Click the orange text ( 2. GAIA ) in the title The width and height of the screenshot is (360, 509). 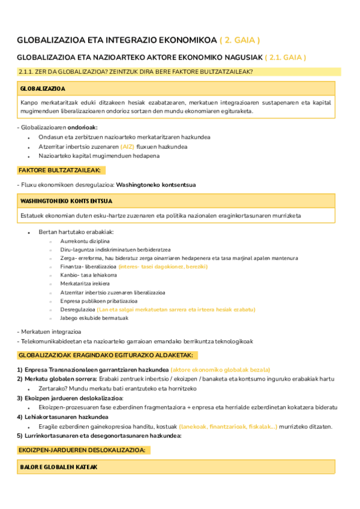pos(239,40)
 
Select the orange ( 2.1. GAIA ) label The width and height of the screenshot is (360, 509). pos(286,58)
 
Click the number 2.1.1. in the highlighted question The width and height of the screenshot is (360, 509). pos(29,72)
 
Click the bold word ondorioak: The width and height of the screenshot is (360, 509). pos(82,127)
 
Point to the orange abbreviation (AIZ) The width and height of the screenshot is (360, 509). pos(127,146)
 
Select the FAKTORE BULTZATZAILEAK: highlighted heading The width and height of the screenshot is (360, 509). pos(59,170)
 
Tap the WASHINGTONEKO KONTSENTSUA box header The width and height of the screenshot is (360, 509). pos(66,200)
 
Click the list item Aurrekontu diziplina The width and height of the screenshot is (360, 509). pos(85,241)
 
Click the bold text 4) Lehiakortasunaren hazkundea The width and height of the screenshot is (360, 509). pos(62,417)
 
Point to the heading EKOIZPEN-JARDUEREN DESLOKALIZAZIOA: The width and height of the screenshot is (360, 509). pos(81,450)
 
